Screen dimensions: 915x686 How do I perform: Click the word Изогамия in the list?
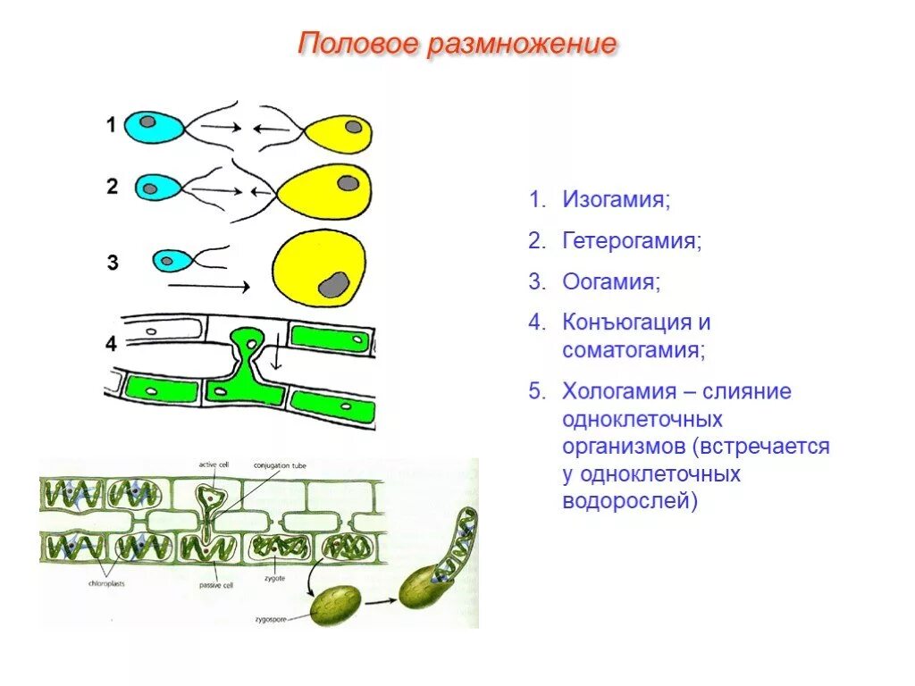point(615,199)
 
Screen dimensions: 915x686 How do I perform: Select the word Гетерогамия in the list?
point(631,241)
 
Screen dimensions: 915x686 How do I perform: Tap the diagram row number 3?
point(113,263)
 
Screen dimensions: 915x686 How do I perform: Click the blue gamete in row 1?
point(153,126)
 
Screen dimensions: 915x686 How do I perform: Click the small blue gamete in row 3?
point(170,261)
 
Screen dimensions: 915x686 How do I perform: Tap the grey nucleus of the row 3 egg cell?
point(334,283)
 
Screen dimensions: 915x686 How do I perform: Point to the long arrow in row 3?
point(208,287)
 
